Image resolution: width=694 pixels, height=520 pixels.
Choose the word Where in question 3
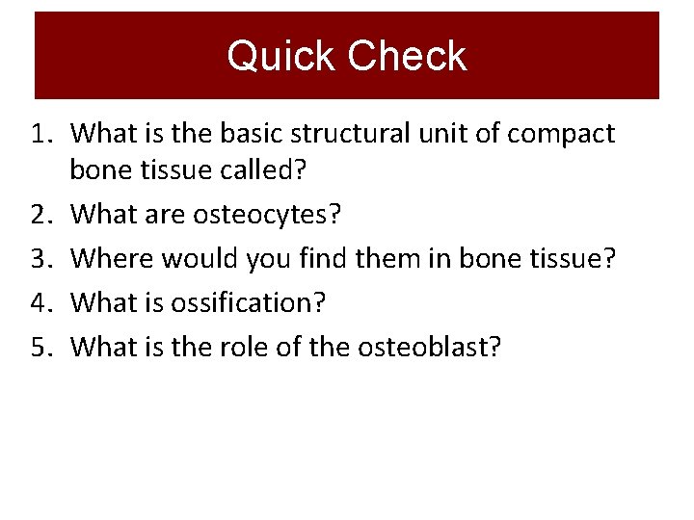point(112,258)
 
